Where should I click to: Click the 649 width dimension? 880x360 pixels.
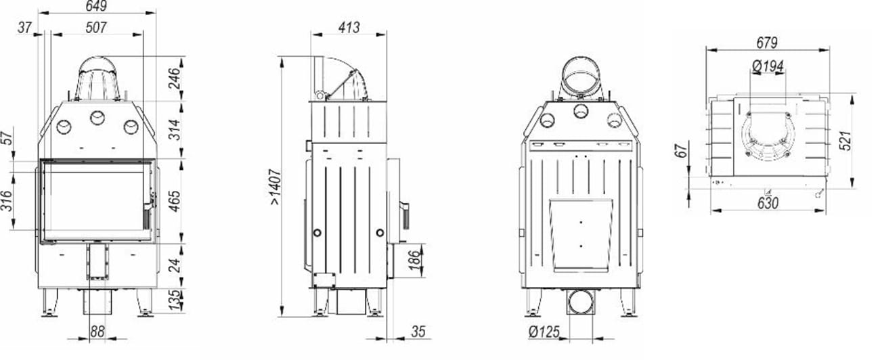tap(96, 5)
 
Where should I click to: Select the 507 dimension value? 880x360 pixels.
tap(96, 28)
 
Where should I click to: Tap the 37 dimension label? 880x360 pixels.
tap(25, 28)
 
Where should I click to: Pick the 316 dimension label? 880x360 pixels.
tap(7, 200)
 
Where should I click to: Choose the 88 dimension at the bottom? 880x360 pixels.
tap(97, 332)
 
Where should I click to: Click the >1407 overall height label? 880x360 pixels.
tap(276, 187)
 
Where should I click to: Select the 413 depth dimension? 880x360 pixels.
tap(349, 28)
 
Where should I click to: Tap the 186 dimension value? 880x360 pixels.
tap(415, 260)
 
